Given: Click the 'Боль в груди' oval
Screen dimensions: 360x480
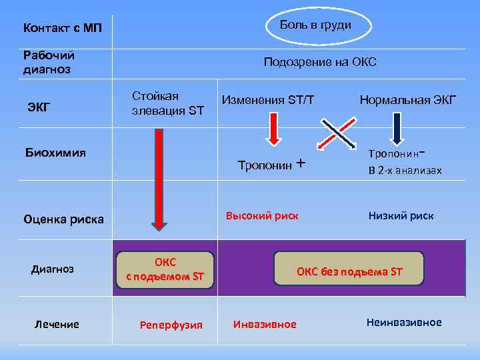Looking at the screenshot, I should [315, 25].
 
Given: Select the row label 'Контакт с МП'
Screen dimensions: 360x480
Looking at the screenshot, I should [63, 28].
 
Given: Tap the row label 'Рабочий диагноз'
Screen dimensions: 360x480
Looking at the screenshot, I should [49, 62].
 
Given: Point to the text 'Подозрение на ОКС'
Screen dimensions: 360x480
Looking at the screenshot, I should [320, 62].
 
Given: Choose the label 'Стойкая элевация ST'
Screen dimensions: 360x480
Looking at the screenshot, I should [167, 103].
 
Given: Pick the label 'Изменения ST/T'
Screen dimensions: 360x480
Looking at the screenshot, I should [267, 100].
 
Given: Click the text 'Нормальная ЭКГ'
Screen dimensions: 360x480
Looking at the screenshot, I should [408, 100].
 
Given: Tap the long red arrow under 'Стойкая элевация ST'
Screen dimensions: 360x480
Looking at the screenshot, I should [159, 180].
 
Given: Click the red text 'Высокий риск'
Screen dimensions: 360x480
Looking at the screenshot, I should [262, 215].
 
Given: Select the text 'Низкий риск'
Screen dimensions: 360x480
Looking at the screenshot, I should [401, 215].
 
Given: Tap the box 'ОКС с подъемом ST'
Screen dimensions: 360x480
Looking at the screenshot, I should [165, 270].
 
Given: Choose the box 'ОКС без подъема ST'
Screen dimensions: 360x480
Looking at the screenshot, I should [349, 269].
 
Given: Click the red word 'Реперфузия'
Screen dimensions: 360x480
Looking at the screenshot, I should [171, 325].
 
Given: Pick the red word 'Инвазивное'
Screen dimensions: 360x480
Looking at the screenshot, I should [265, 324].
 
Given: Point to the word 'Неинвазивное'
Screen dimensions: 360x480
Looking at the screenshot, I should [404, 323].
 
